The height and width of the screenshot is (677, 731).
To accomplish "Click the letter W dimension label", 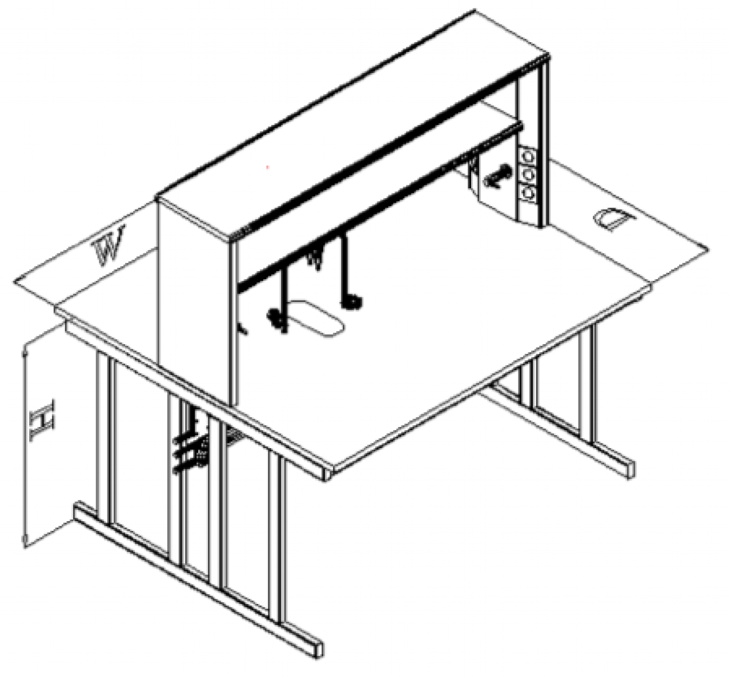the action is tap(109, 245).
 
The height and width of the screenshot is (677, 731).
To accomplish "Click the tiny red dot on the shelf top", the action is tap(268, 167).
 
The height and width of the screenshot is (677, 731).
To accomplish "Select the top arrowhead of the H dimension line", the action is tap(25, 354).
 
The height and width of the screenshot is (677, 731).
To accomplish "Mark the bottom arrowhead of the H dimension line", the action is tap(25, 539).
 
